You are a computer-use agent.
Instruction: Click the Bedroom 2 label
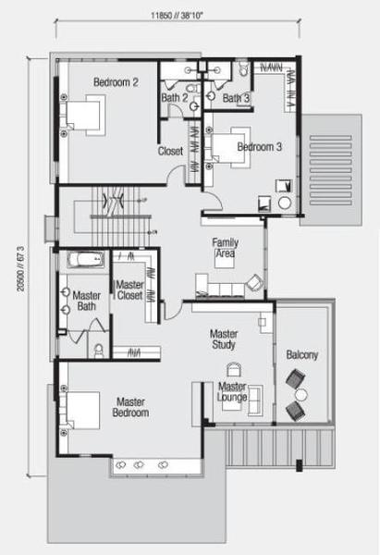tap(116, 82)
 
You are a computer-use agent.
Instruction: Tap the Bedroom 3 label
tap(260, 146)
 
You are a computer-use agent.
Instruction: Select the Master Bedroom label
tap(130, 407)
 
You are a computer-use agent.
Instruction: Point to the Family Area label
tap(225, 248)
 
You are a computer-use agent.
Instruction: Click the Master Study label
tap(224, 339)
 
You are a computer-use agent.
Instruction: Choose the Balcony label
tap(302, 355)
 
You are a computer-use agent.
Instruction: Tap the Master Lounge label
tap(232, 392)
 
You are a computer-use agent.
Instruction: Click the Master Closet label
tap(129, 290)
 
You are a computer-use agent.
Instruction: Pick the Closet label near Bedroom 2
tap(170, 151)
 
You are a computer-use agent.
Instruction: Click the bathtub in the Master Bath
tap(86, 260)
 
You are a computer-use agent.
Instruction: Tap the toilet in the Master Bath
tap(99, 351)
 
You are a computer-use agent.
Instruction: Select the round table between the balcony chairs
tap(301, 395)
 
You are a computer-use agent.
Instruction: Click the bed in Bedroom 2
tap(83, 116)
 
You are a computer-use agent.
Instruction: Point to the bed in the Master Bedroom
tap(80, 411)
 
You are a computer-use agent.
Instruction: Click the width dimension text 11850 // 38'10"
tap(177, 16)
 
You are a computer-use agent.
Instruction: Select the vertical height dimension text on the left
tap(21, 269)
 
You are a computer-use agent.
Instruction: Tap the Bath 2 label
tap(175, 98)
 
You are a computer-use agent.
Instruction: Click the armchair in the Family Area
tap(254, 282)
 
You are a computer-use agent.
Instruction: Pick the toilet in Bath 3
tap(243, 68)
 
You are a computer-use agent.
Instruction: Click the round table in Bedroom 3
tap(285, 203)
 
